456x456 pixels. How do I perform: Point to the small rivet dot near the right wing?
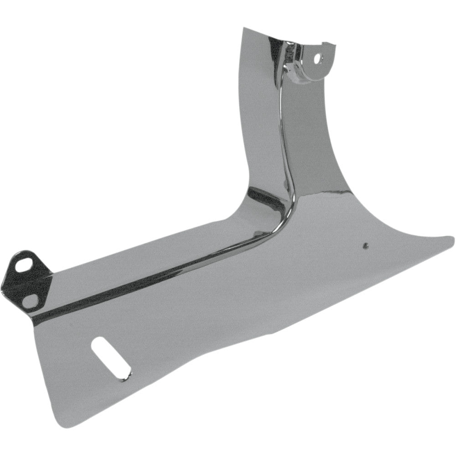tap(364, 246)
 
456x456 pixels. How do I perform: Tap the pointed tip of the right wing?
tap(453, 237)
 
